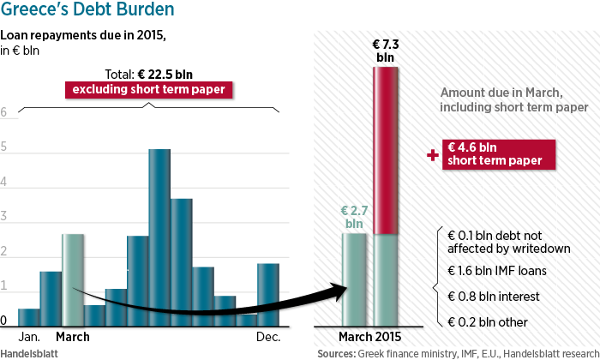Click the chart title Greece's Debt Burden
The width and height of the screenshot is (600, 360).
[x=87, y=11]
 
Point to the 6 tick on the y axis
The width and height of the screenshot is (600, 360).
[x=4, y=112]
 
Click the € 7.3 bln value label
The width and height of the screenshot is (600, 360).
[x=386, y=49]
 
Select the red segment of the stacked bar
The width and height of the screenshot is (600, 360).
[x=386, y=150]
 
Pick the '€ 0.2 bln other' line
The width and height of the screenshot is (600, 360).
[x=489, y=322]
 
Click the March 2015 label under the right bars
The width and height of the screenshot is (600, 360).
[x=369, y=337]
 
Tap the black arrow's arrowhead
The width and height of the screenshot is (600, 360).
[x=343, y=291]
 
